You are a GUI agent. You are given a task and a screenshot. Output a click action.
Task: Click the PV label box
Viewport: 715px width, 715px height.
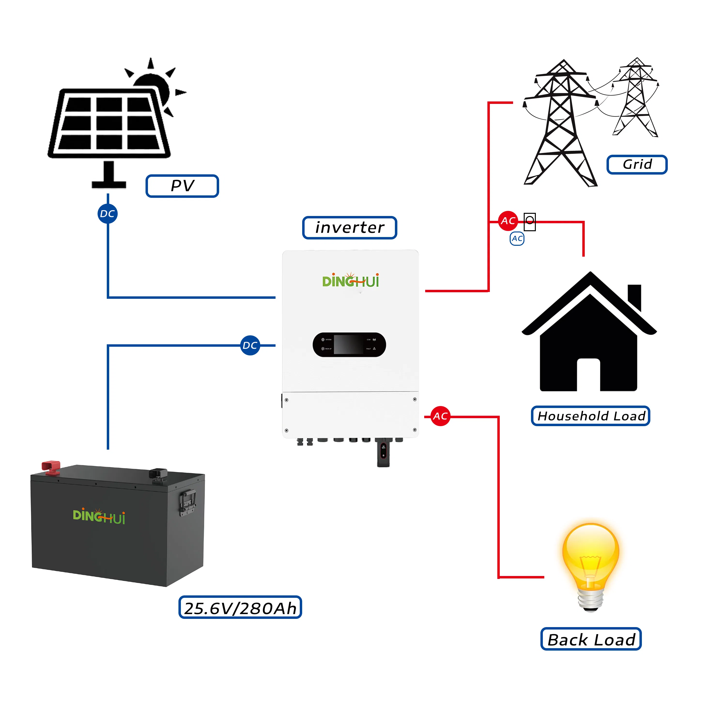[x=182, y=186]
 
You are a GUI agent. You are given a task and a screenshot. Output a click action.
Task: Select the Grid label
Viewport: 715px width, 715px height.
[x=637, y=164]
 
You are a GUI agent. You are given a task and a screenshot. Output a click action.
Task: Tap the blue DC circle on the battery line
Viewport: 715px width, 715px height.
[x=250, y=345]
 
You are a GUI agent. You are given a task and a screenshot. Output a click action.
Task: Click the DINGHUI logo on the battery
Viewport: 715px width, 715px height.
[x=99, y=516]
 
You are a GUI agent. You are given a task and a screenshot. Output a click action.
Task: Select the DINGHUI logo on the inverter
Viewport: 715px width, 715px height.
[x=350, y=281]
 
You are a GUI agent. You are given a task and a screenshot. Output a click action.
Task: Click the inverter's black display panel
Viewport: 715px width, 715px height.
[x=349, y=345]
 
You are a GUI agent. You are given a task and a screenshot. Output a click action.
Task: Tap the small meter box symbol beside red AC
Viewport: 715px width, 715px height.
[x=530, y=221]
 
